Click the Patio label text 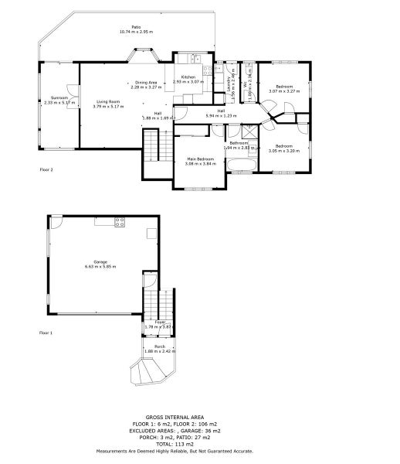coord(136,28)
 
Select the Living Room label coord(108,101)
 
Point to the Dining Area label coord(147,83)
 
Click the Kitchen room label coord(188,77)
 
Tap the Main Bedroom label coord(199,159)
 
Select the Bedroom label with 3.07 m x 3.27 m coord(283,87)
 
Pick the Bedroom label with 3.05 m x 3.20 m coord(283,146)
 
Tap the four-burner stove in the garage coord(120,222)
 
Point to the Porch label coord(160,346)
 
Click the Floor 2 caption coord(46,168)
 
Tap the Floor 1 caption coord(46,333)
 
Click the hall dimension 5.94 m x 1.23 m coord(221,115)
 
